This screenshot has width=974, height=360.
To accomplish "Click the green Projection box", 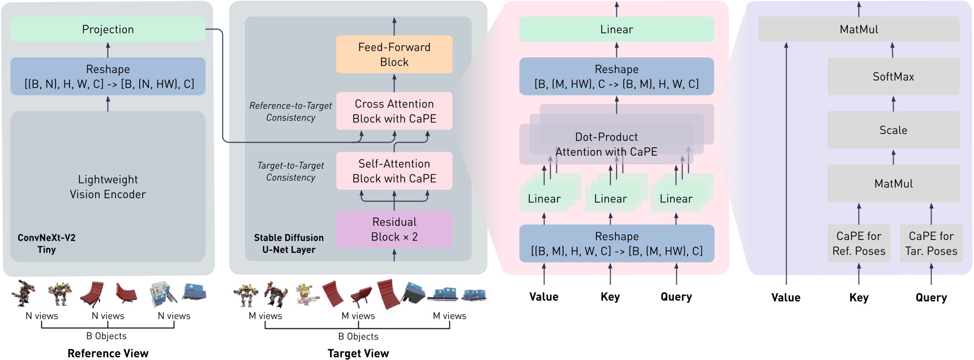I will pyautogui.click(x=108, y=29).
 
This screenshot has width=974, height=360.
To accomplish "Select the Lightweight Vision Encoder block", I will pyautogui.click(x=108, y=186).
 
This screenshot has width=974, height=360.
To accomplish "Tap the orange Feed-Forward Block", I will pyautogui.click(x=394, y=54).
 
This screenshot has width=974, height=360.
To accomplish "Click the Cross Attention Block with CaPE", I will pyautogui.click(x=394, y=111).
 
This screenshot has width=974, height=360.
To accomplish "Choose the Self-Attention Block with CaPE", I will pyautogui.click(x=394, y=170).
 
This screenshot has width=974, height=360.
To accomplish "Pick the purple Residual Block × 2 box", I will pyautogui.click(x=394, y=229).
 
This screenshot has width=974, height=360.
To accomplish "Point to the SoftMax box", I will pyautogui.click(x=893, y=76).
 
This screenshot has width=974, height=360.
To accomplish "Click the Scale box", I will pyautogui.click(x=893, y=130).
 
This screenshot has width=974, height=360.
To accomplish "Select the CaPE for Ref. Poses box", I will pyautogui.click(x=859, y=243).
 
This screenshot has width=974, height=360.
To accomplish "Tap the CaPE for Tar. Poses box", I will pyautogui.click(x=931, y=243).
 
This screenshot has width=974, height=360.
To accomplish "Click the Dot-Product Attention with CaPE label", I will pyautogui.click(x=606, y=144).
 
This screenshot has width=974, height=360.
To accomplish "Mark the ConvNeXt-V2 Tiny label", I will pyautogui.click(x=46, y=243).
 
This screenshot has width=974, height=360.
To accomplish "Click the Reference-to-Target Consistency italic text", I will pyautogui.click(x=290, y=112).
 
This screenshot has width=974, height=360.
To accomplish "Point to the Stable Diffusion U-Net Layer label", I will pyautogui.click(x=289, y=243).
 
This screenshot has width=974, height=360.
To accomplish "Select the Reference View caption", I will pyautogui.click(x=108, y=353).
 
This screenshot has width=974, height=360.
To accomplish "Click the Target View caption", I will pyautogui.click(x=358, y=353).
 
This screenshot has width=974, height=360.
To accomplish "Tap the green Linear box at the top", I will pyautogui.click(x=616, y=29).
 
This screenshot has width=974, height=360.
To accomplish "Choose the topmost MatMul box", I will pyautogui.click(x=859, y=29).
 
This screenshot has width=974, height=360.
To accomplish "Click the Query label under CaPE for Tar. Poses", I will pyautogui.click(x=931, y=297).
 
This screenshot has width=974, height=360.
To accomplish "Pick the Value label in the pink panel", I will pyautogui.click(x=544, y=297).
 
